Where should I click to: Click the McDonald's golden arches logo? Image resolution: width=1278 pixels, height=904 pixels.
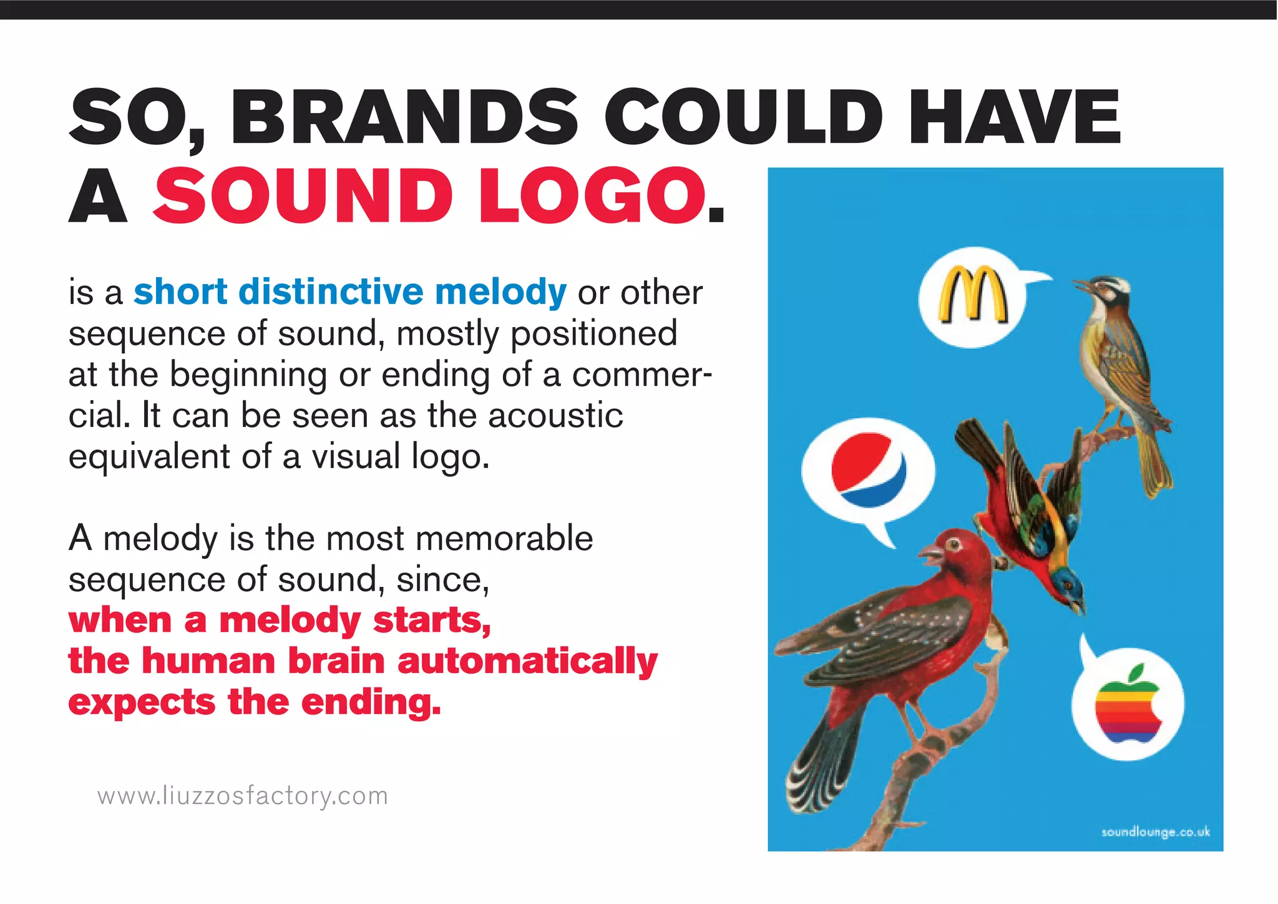[973, 295]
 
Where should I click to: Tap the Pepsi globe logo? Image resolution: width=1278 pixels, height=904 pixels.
[868, 469]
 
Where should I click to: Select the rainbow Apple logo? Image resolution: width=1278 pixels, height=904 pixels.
[1128, 704]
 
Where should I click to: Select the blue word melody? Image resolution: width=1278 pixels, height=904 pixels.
[500, 292]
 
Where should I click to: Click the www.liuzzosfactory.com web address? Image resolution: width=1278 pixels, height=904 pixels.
[243, 796]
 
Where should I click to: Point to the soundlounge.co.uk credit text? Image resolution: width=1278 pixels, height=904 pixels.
[1155, 832]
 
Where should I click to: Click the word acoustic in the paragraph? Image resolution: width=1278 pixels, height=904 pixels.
[555, 416]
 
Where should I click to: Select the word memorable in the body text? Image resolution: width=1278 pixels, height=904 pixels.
[504, 538]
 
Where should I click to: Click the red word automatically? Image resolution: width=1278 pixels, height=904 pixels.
[527, 662]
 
